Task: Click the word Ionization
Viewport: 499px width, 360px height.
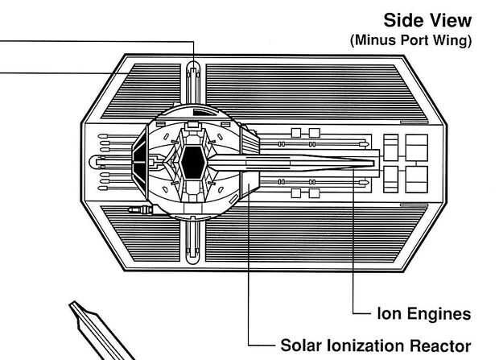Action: tap(367, 346)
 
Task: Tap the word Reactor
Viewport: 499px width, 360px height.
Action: tap(445, 346)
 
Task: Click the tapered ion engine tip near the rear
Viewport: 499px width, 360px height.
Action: tap(366, 162)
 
